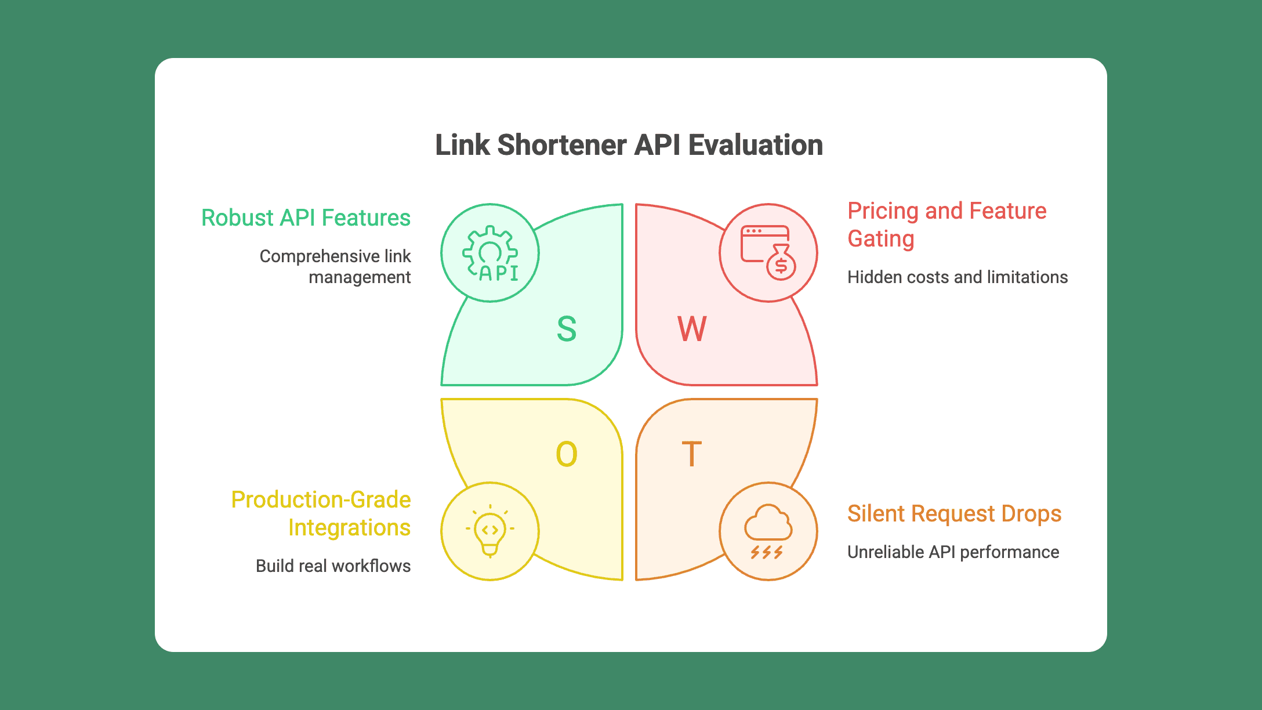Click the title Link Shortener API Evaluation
click(629, 145)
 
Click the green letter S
click(567, 329)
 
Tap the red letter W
click(692, 329)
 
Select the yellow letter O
click(567, 454)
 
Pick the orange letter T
click(691, 454)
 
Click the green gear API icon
click(490, 253)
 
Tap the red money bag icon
click(768, 253)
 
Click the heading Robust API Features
click(306, 218)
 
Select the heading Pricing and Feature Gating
click(946, 225)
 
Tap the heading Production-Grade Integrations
click(321, 514)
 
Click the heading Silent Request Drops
click(954, 514)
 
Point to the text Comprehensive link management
click(335, 267)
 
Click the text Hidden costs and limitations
click(958, 277)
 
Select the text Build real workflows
click(333, 566)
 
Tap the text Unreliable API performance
click(953, 552)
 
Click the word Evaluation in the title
click(755, 145)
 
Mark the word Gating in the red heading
click(881, 239)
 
